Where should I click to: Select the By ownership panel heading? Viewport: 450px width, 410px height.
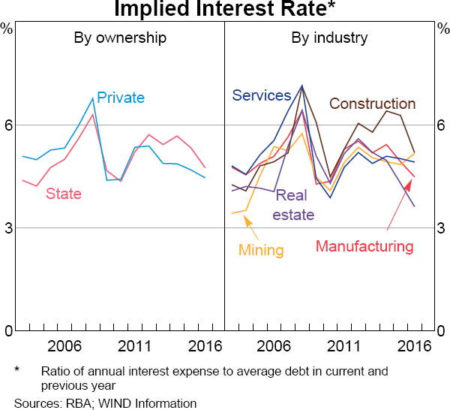pos(120,38)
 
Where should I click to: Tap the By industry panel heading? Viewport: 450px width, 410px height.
pos(329,38)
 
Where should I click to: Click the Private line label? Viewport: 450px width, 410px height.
pos(121,98)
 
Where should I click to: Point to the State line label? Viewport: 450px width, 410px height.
pos(64,193)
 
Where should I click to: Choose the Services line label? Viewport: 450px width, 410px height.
pos(261,95)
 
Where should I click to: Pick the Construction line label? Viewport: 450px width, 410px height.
pos(372,104)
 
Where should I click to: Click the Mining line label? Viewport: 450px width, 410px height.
pos(261,250)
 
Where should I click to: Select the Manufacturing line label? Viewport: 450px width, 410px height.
pos(364,246)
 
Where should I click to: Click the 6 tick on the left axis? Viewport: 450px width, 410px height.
pos(7,125)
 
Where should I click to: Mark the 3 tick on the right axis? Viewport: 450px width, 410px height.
pos(442,228)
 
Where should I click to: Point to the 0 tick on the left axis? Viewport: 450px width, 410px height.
pos(7,330)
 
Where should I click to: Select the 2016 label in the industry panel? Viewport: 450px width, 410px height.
pos(413,346)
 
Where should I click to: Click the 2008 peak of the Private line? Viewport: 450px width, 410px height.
pos(93,98)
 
